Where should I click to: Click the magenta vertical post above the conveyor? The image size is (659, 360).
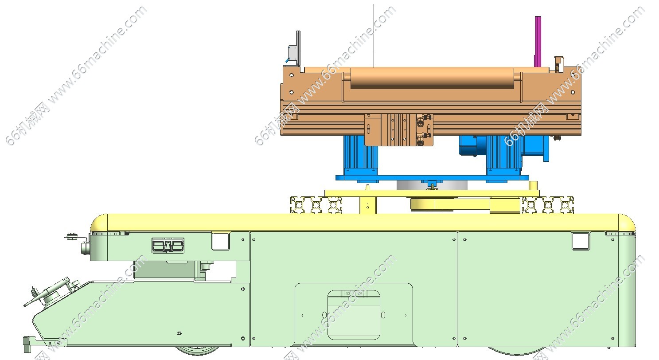[x=538, y=41]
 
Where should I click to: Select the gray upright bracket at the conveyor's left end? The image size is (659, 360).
[x=298, y=49]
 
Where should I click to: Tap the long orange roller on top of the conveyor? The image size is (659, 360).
[x=432, y=78]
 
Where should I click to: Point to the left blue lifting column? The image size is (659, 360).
[x=360, y=156]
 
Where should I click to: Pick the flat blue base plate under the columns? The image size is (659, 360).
[x=432, y=178]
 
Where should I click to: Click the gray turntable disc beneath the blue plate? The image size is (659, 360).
[x=432, y=185]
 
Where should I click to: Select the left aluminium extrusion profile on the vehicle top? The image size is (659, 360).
[x=316, y=205]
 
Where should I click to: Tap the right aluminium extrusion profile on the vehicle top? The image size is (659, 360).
[x=548, y=205]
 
